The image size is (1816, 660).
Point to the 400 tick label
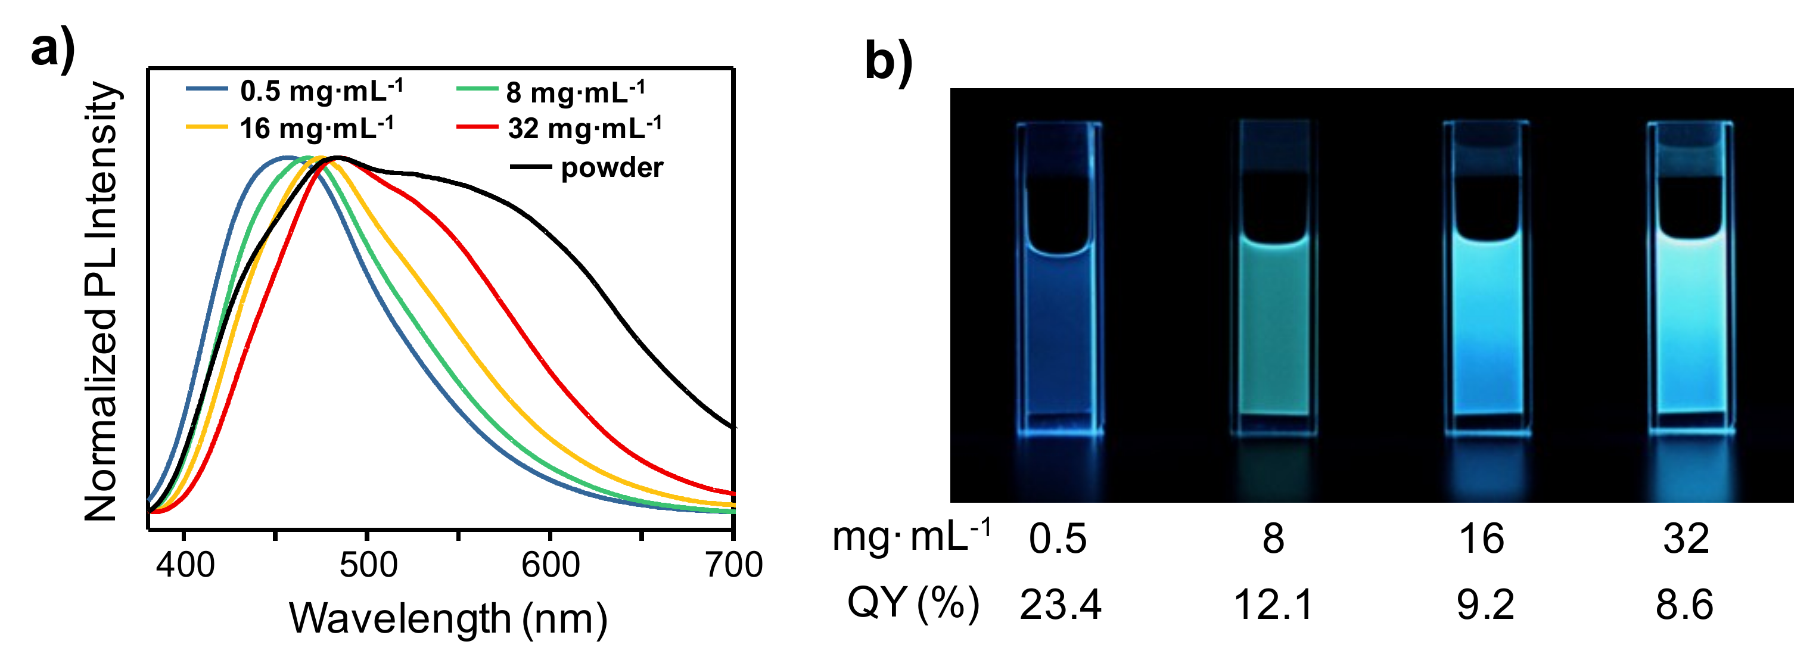[x=185, y=565]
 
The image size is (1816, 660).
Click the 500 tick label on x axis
[x=368, y=565]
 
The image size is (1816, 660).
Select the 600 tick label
[x=551, y=565]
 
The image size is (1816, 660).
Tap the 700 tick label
[x=734, y=565]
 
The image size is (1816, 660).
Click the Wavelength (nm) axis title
[x=449, y=618]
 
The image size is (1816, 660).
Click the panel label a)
[x=53, y=49]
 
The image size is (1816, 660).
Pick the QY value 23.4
[x=1059, y=605]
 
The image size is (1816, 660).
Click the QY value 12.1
[x=1273, y=605]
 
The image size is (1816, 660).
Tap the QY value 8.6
[x=1684, y=605]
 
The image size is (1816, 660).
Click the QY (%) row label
[x=913, y=603]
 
